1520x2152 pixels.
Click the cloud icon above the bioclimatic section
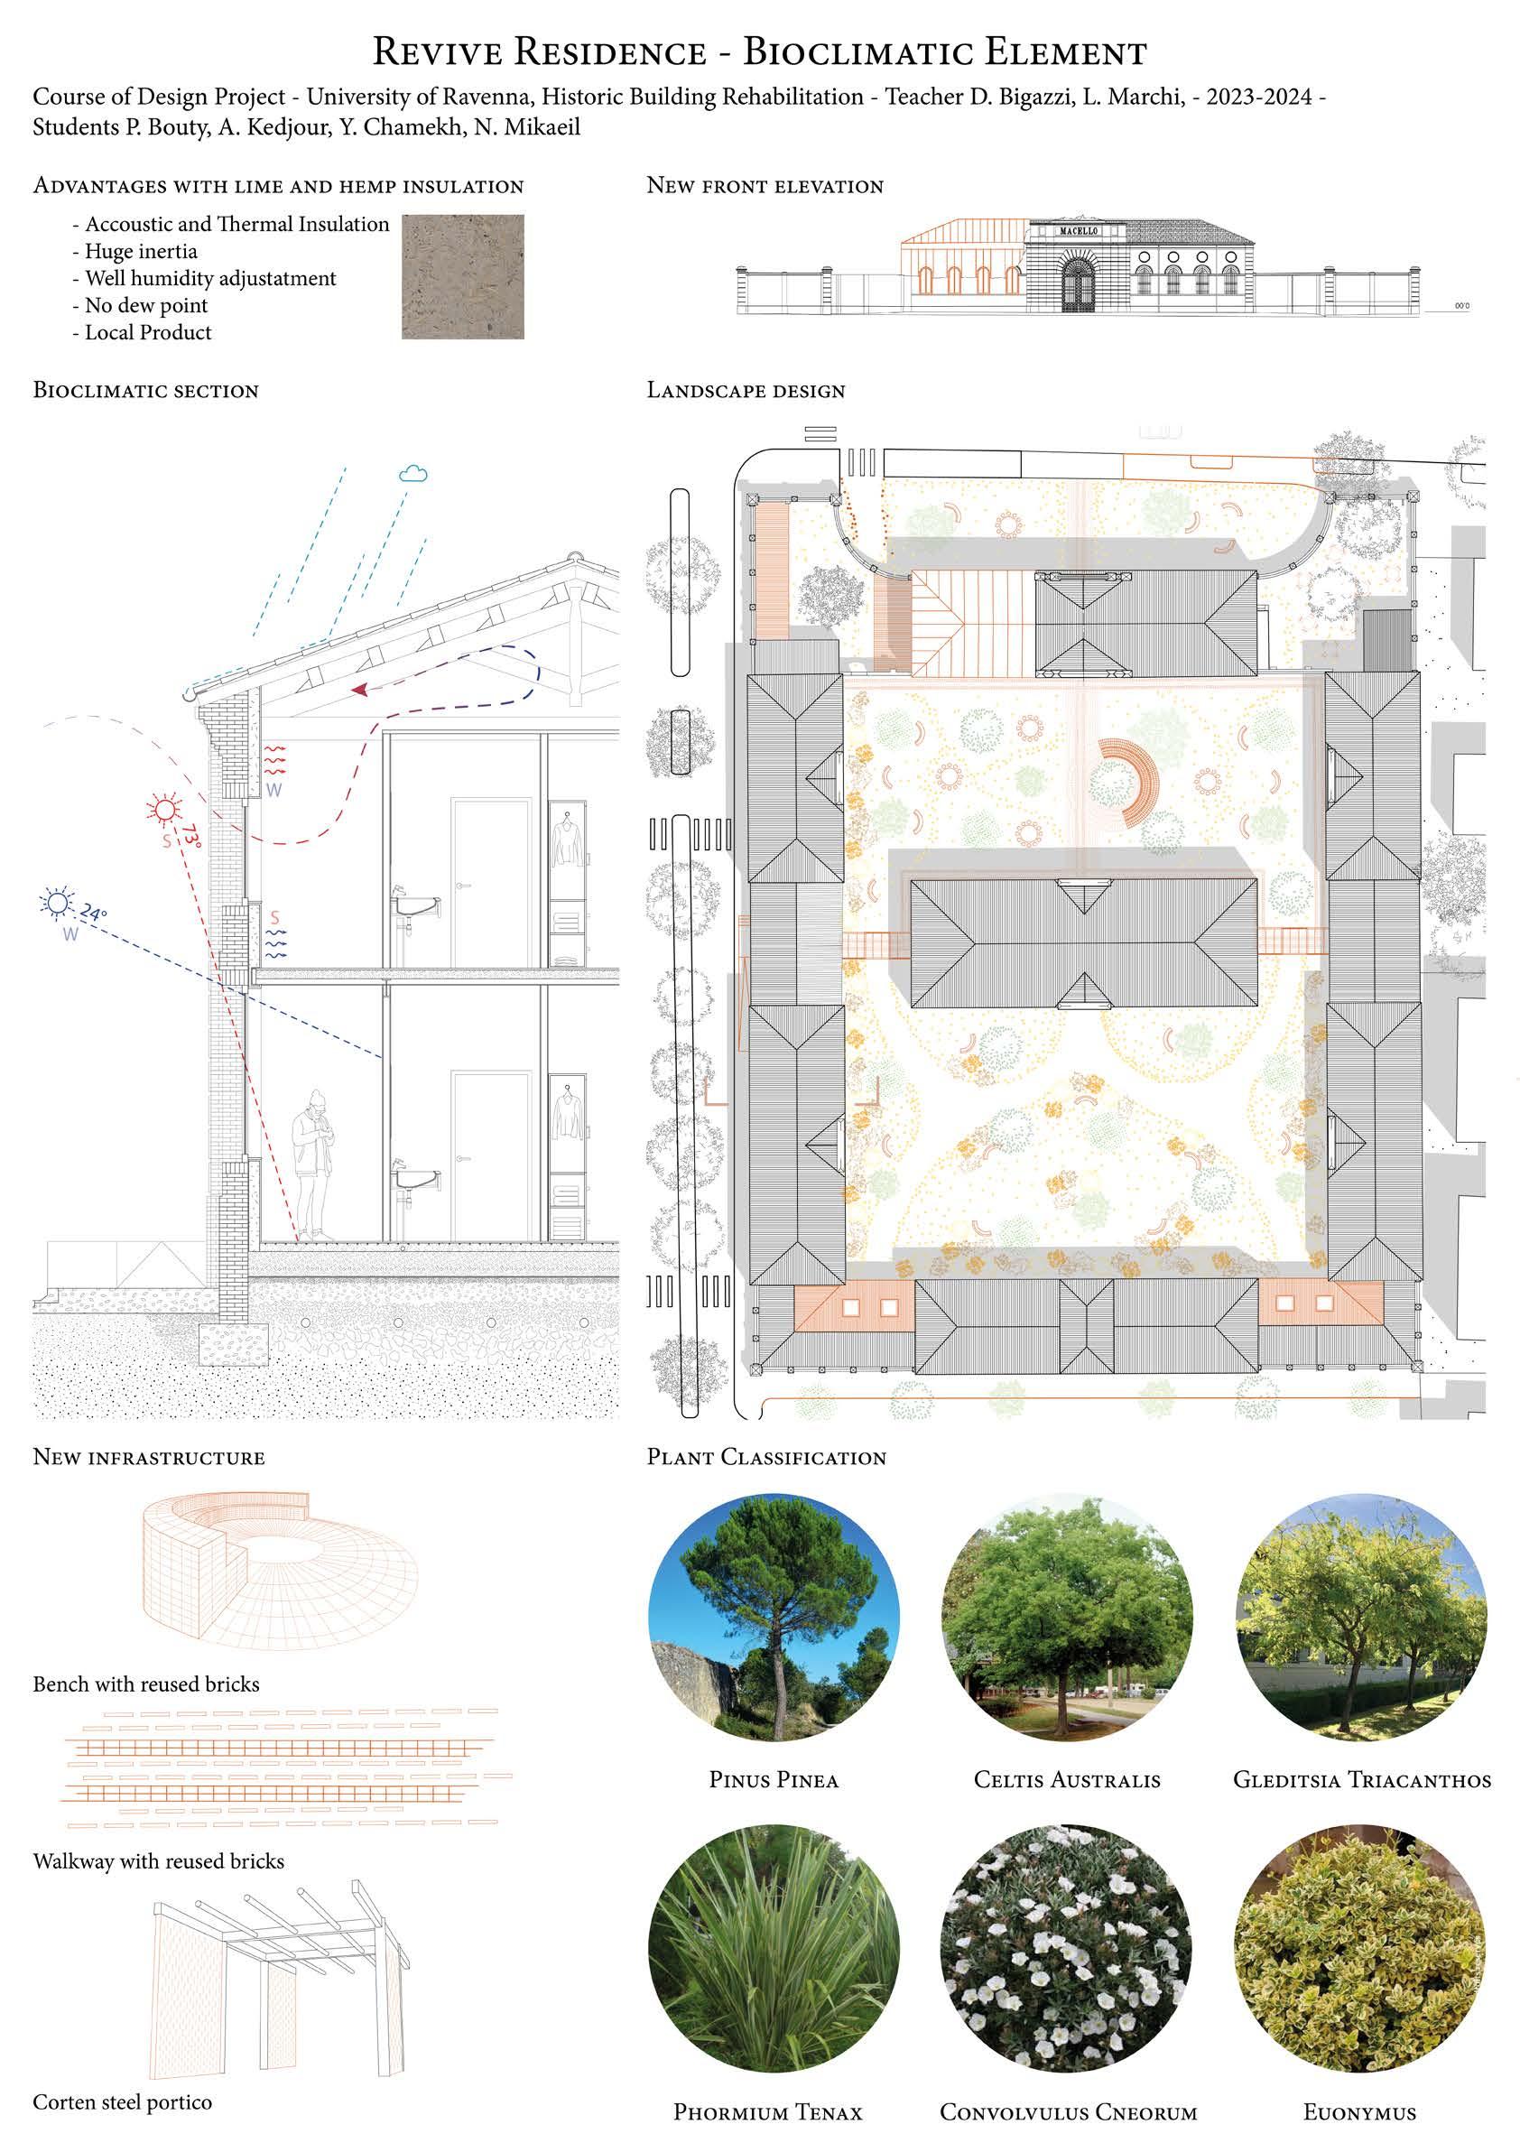pos(413,473)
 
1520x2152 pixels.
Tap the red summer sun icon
pos(165,809)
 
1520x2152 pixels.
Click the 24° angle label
pos(94,911)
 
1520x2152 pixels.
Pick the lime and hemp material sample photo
pos(463,276)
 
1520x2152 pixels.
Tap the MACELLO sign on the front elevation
pos(1077,230)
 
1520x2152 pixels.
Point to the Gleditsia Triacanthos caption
pos(1361,1779)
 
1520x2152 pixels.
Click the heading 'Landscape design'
pos(746,390)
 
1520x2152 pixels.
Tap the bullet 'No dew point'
pos(146,305)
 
